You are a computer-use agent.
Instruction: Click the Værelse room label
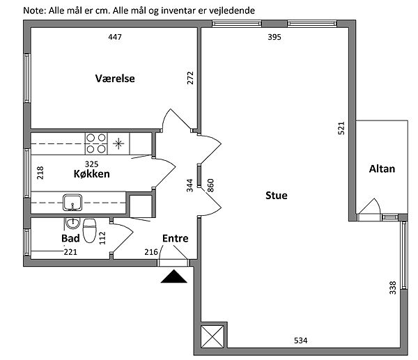(115, 79)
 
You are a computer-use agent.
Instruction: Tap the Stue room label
(277, 196)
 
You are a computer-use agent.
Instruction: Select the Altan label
(382, 169)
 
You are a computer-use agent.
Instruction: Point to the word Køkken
(92, 174)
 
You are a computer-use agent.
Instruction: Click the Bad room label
(70, 238)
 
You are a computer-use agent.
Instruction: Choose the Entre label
(176, 238)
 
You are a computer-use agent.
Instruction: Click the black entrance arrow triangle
(173, 276)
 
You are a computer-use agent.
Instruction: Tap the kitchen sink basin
(72, 203)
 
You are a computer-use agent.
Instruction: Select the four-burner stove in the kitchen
(96, 144)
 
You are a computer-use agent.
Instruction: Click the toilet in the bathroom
(90, 230)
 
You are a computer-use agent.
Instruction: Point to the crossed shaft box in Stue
(212, 337)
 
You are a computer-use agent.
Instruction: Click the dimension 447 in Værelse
(115, 37)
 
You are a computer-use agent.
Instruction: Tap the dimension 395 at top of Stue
(274, 37)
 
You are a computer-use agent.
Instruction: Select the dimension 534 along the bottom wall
(301, 341)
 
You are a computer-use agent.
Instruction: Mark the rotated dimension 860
(210, 185)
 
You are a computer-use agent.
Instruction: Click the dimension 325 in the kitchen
(91, 164)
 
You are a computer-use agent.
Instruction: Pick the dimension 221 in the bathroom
(70, 252)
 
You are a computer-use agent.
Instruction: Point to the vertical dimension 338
(393, 288)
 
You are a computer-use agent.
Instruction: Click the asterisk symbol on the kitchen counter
(118, 144)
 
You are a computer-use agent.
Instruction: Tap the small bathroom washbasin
(72, 224)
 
